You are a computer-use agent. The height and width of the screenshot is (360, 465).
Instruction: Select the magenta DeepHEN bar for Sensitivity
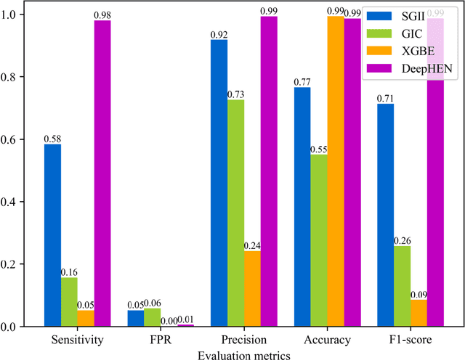click(102, 173)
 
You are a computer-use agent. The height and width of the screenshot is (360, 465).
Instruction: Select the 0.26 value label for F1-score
click(402, 240)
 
